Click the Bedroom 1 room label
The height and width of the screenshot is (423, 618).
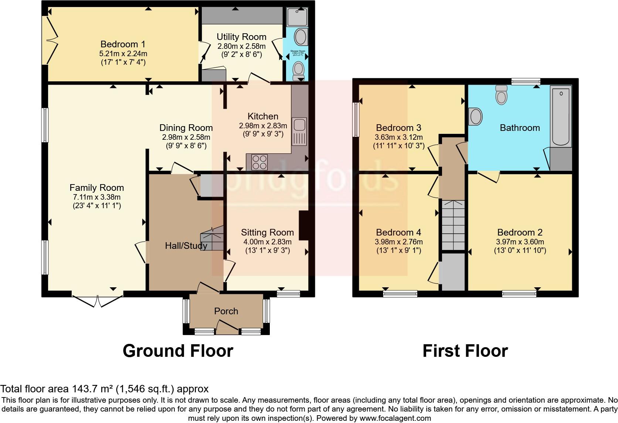pos(123,44)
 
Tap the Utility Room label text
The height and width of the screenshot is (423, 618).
pos(241,37)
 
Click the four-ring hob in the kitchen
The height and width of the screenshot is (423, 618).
pos(259,162)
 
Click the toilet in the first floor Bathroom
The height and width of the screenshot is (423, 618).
pos(502,95)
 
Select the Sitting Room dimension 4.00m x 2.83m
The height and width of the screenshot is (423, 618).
pos(267,242)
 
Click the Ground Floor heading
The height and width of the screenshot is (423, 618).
pos(178,351)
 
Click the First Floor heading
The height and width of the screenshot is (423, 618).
pos(465,351)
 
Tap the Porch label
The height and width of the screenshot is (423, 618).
pos(226,311)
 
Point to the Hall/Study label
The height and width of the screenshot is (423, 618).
pos(186,246)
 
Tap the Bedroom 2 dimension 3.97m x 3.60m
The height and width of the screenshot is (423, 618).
pos(520,242)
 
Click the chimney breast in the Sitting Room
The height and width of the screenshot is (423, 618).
pos(303,226)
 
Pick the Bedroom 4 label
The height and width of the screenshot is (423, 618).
pos(398,233)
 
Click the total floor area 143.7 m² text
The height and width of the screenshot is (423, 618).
pos(105,389)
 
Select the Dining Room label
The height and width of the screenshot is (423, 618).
pos(186,128)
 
